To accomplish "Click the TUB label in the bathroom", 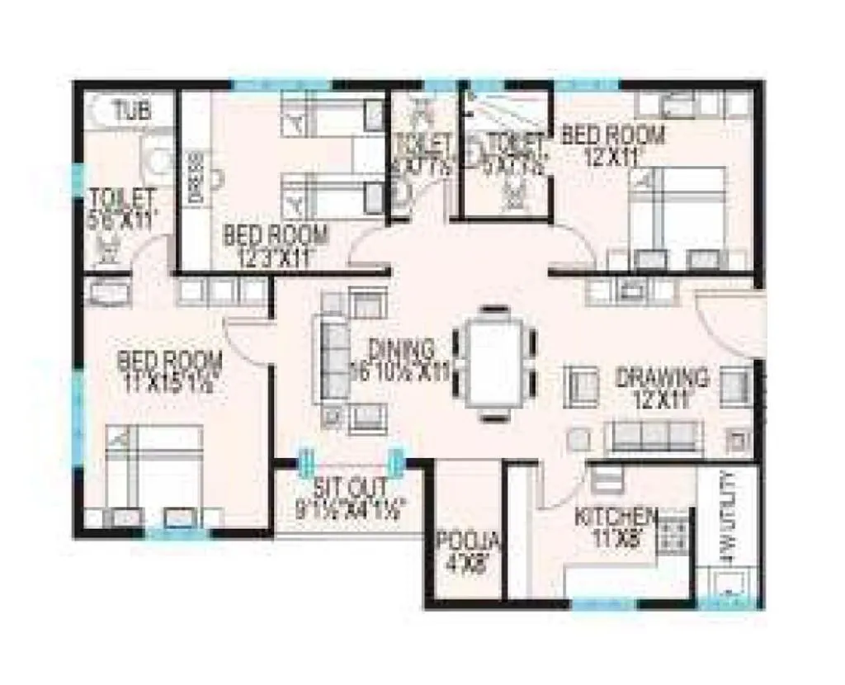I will click(132, 112).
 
